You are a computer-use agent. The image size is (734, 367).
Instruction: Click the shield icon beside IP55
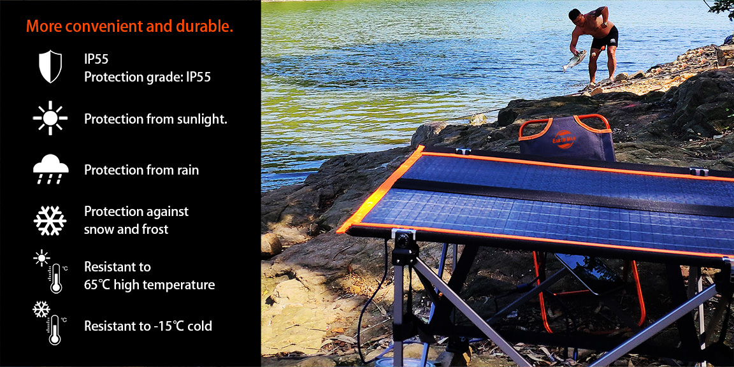pos(50,66)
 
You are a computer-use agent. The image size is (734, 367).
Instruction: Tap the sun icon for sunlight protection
pos(50,118)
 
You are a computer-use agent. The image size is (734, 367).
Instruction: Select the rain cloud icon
pos(50,170)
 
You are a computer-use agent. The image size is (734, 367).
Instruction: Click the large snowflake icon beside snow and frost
pos(50,220)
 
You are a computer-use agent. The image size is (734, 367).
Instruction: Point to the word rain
pos(187,170)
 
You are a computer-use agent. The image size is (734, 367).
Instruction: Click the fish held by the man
pos(574,61)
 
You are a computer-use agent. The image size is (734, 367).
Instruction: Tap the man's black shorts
pos(604,38)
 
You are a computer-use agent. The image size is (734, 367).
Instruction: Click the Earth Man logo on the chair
pos(564,139)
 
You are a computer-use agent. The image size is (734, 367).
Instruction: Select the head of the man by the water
pos(575,15)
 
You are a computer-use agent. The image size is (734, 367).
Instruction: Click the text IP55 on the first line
pos(96,59)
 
